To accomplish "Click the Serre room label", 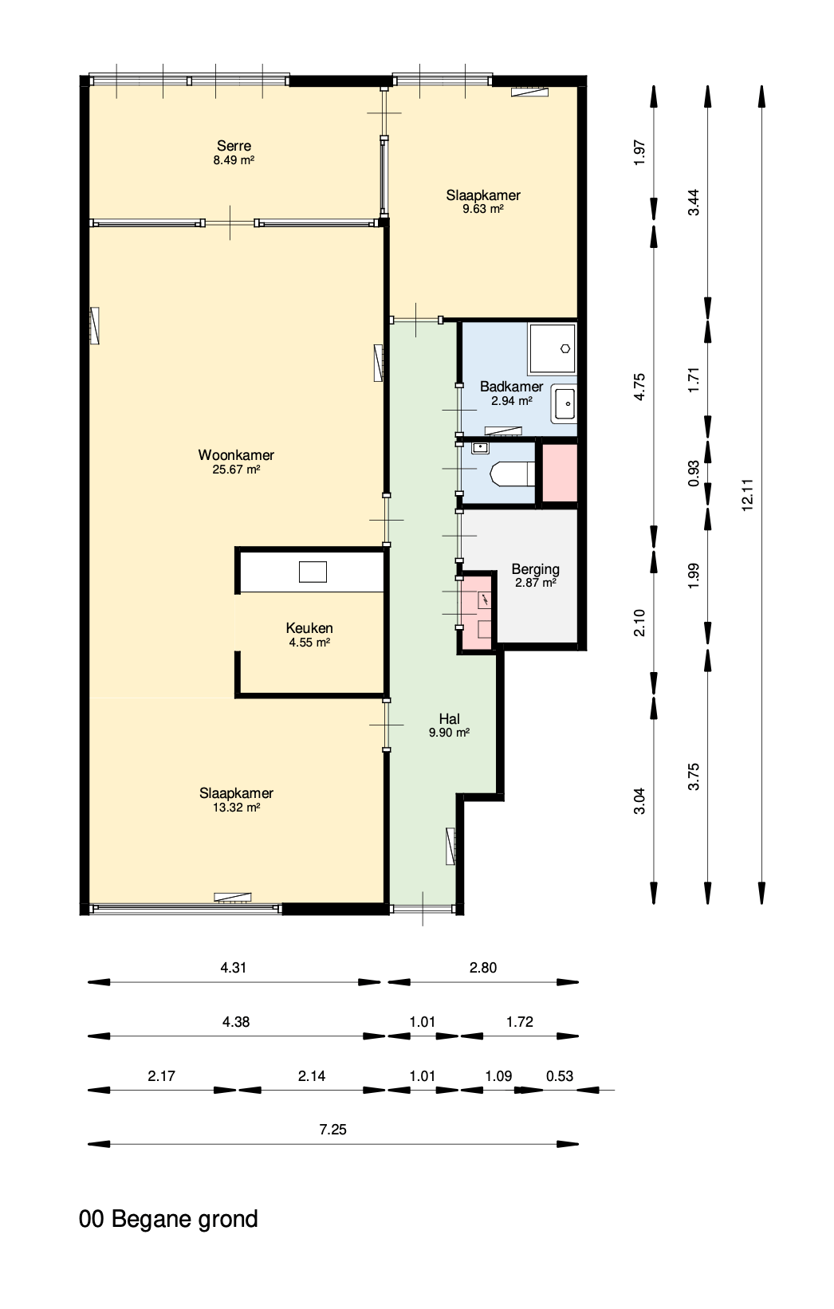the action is pos(234,146).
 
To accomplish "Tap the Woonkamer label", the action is pos(236,454).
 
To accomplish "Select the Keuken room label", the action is pos(309,628).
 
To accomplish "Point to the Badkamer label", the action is pos(511,387).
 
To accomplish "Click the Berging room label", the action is pos(535,569).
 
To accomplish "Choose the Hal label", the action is pos(450,719).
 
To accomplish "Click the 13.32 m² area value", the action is pos(236,808).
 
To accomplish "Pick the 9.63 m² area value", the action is pos(482,209).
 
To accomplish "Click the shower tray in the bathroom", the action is pos(552,349).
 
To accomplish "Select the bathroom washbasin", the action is pos(565,404).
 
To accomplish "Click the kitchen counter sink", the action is pos(313,572).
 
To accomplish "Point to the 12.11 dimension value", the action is pos(748,495).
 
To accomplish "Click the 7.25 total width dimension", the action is pos(332,1129).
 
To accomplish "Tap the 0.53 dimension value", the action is pos(559,1076).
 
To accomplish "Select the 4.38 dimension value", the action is pos(236,1021).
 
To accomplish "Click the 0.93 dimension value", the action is pos(694,474).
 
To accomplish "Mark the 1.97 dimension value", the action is pos(640,152).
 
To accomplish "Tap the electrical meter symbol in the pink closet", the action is pos(484,600).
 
